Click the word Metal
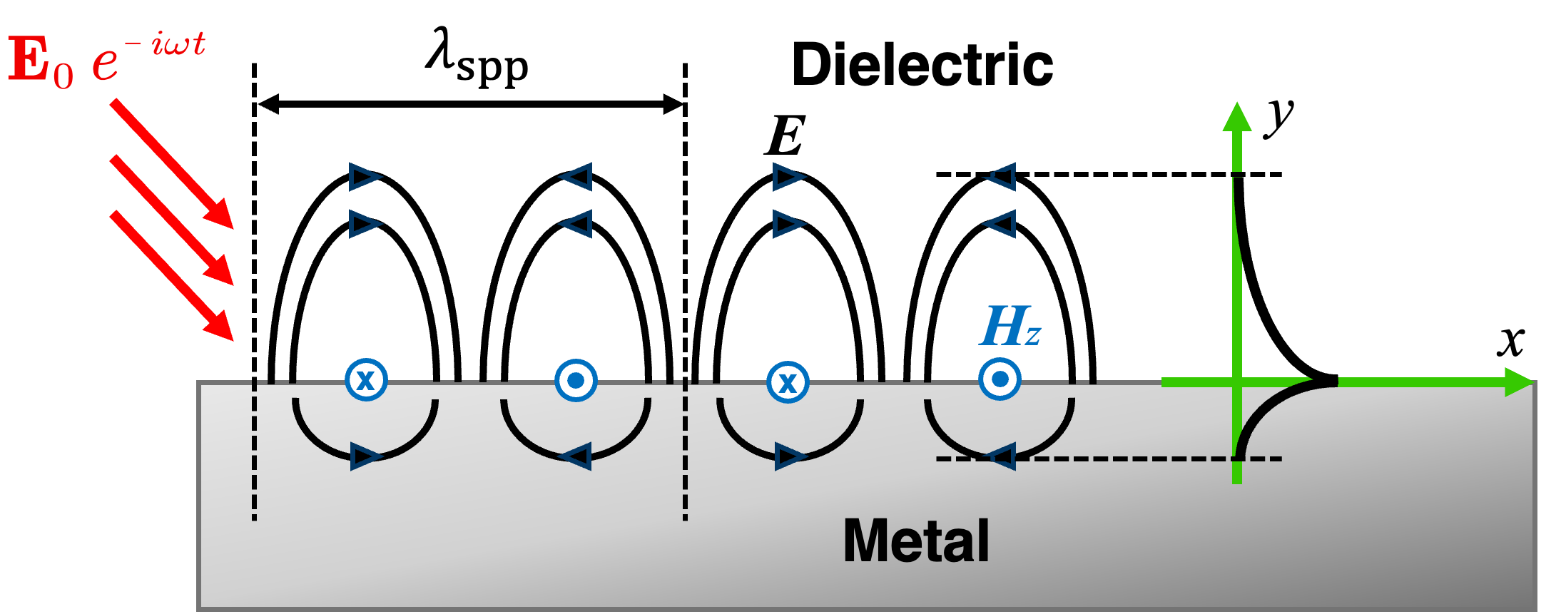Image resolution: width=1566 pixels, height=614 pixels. [916, 541]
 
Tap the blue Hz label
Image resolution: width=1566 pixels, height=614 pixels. [1010, 327]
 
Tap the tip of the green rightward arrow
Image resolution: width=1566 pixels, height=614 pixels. [1527, 382]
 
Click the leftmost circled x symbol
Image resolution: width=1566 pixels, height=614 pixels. [366, 379]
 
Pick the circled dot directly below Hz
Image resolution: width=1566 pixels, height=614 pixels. [1000, 379]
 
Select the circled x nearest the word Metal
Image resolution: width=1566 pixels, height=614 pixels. [788, 382]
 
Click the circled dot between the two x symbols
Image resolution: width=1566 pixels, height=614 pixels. [576, 380]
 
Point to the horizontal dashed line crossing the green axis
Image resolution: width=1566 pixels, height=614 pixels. [1142, 459]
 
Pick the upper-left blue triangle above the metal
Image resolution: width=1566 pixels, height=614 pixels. [365, 177]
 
